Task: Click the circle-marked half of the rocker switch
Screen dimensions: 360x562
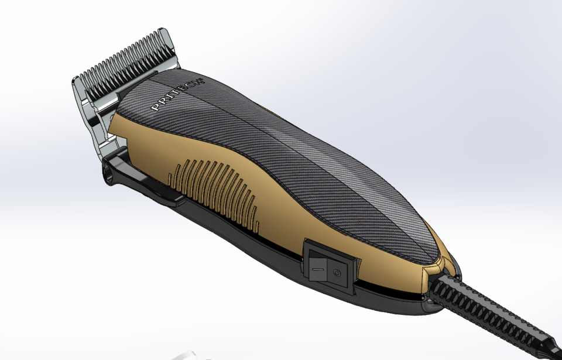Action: (x=337, y=273)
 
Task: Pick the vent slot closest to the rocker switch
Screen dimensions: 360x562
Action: (x=256, y=211)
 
